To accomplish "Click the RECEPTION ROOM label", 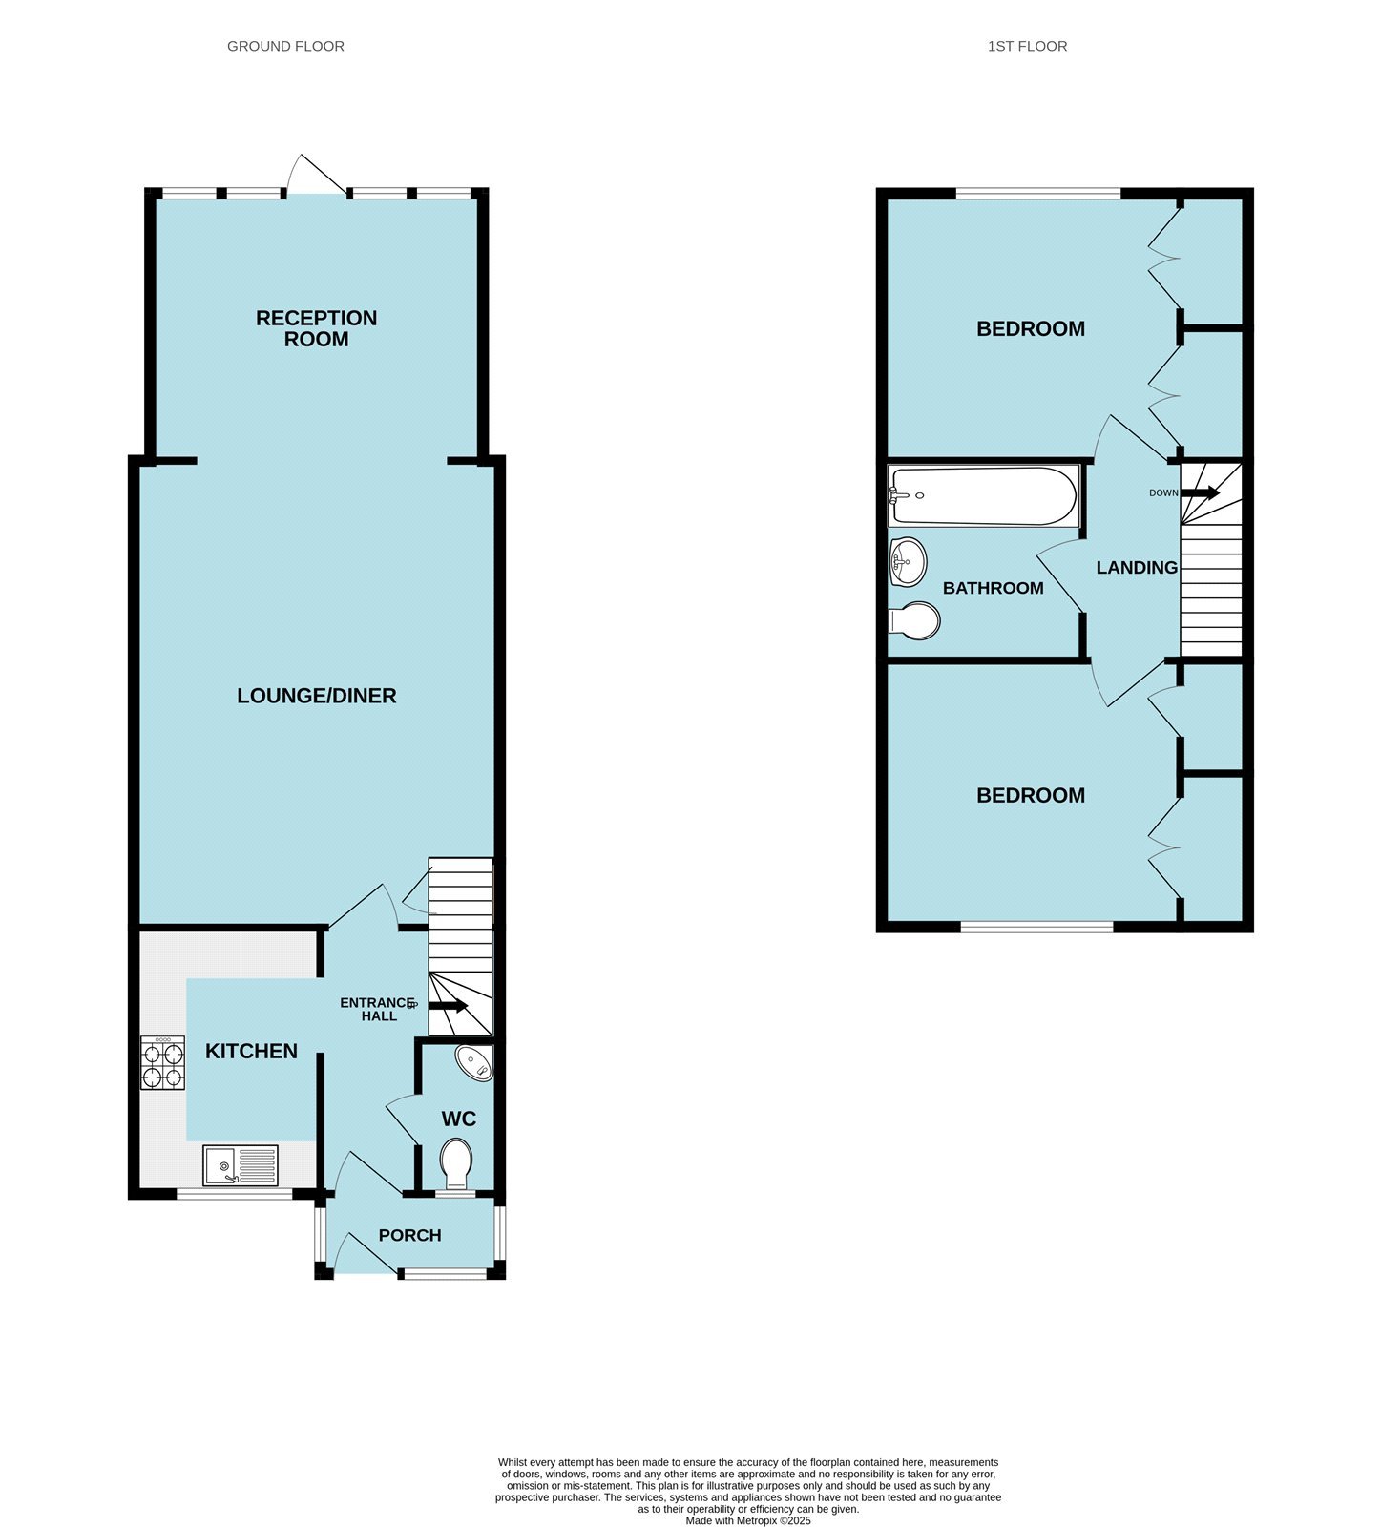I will [x=316, y=328].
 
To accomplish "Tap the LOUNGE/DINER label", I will [x=316, y=696].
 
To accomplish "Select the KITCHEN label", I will [x=251, y=1051].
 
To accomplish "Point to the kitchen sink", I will [x=241, y=1165].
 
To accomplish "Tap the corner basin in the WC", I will [x=474, y=1062].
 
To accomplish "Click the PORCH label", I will [x=409, y=1235].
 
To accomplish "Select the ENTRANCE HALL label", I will [x=378, y=1009].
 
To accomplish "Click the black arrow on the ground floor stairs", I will [x=448, y=1005].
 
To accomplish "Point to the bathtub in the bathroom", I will [x=983, y=495].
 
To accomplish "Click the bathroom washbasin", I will [x=907, y=562].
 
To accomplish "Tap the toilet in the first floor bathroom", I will [x=915, y=620].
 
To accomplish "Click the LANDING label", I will [x=1136, y=568].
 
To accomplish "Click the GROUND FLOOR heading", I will [x=285, y=46].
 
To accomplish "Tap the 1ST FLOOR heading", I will [x=1027, y=46].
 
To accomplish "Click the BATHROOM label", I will [x=993, y=588].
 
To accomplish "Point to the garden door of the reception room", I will [x=318, y=177].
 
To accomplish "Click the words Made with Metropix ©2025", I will [x=747, y=1520].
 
